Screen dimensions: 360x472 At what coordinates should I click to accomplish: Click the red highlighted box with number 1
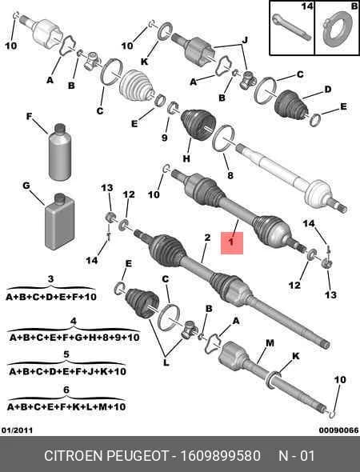pos(232,243)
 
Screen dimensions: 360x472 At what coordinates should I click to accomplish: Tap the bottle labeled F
pos(60,152)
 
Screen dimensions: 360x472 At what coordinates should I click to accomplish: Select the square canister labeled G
pos(60,222)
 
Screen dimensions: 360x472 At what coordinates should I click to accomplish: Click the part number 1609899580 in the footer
pos(220,456)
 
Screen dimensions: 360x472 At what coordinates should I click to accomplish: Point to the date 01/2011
pos(17,430)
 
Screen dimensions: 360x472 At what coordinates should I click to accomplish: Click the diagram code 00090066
pos(339,430)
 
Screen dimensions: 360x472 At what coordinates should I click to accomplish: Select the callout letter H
pos(186,158)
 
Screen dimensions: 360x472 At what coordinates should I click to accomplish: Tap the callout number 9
pos(164,138)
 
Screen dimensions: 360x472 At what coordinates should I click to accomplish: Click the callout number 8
pos(230,175)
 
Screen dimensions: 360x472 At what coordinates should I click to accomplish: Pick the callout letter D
pos(327,89)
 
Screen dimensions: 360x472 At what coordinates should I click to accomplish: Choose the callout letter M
pos(270,343)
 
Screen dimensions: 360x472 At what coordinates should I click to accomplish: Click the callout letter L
pos(166,363)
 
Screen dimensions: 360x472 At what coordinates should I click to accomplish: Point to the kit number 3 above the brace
pos(50,278)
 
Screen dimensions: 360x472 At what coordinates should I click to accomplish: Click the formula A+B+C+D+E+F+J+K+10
pos(67,371)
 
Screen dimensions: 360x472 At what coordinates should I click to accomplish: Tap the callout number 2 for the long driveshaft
pos(207,238)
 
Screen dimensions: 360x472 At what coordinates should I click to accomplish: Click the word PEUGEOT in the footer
pos(139,456)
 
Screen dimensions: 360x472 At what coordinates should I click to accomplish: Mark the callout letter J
pos(246,40)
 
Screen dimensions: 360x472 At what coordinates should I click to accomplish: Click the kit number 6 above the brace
pos(66,390)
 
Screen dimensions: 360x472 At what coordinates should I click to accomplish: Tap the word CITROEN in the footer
pos(74,456)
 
